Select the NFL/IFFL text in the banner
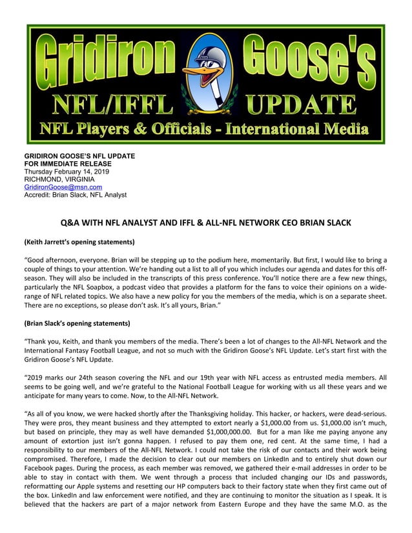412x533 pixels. (112, 103)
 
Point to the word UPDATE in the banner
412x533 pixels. (302, 103)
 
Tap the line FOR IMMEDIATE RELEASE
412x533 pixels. (70, 164)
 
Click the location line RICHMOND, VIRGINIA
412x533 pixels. (59, 179)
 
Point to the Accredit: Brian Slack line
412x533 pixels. (76, 194)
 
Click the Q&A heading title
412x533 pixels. (205, 223)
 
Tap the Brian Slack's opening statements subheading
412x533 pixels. (77, 323)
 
